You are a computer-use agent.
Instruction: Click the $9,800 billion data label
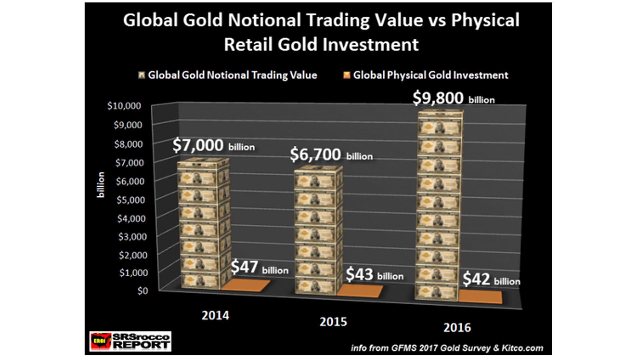point(453,98)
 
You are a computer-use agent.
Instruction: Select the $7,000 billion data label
point(213,146)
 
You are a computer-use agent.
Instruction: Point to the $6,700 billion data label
point(331,155)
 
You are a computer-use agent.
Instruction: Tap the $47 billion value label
point(259,267)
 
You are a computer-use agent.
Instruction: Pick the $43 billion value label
point(374,275)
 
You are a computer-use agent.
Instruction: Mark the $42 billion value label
point(491,280)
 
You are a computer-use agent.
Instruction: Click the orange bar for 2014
point(246,285)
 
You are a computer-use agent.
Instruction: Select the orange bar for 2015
point(360,291)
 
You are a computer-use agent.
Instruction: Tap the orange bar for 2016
point(480,297)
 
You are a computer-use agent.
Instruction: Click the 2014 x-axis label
point(215,316)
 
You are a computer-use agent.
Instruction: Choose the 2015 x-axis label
point(333,322)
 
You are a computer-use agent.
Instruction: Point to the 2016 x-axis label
point(457,328)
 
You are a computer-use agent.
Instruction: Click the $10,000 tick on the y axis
point(124,106)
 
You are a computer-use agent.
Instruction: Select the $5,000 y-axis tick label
point(131,200)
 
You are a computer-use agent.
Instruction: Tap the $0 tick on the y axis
point(143,291)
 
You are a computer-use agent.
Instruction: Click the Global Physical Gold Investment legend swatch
point(347,75)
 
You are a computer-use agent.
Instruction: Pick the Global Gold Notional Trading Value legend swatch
point(141,75)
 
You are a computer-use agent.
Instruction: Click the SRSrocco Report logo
point(130,341)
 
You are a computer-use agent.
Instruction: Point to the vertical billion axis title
point(101,185)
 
